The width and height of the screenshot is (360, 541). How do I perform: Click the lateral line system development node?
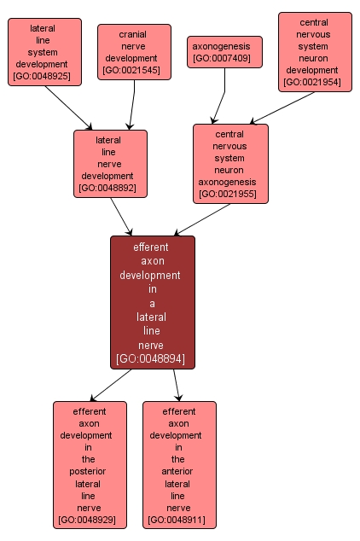point(45,52)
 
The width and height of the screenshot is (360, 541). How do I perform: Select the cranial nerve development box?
point(134,52)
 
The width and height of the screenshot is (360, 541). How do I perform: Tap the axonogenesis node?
point(224,52)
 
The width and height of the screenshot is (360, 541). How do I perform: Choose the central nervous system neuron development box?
point(315,52)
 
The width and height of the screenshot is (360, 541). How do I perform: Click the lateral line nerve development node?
point(110,164)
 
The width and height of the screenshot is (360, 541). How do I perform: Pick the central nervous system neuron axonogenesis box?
point(230,164)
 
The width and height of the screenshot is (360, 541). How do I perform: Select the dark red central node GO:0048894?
point(153,303)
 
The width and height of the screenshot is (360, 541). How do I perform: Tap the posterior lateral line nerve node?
point(90,465)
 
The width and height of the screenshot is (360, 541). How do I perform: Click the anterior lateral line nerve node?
point(179,465)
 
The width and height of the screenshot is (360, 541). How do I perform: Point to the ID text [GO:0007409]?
point(222,58)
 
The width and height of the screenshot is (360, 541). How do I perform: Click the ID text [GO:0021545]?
point(131,70)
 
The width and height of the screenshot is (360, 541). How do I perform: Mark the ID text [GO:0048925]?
point(42,76)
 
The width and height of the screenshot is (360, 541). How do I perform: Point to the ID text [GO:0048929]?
point(87,520)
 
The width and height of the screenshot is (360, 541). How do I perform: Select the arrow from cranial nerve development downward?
point(132,105)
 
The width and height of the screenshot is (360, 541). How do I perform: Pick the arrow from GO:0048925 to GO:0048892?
point(68,108)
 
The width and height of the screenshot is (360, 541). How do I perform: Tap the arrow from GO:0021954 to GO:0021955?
point(282,108)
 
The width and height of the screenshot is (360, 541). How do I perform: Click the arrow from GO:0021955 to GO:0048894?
point(202,220)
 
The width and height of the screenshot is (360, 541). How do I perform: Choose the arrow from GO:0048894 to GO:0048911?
point(177,385)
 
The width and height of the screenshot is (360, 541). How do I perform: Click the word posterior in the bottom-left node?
point(88,471)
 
